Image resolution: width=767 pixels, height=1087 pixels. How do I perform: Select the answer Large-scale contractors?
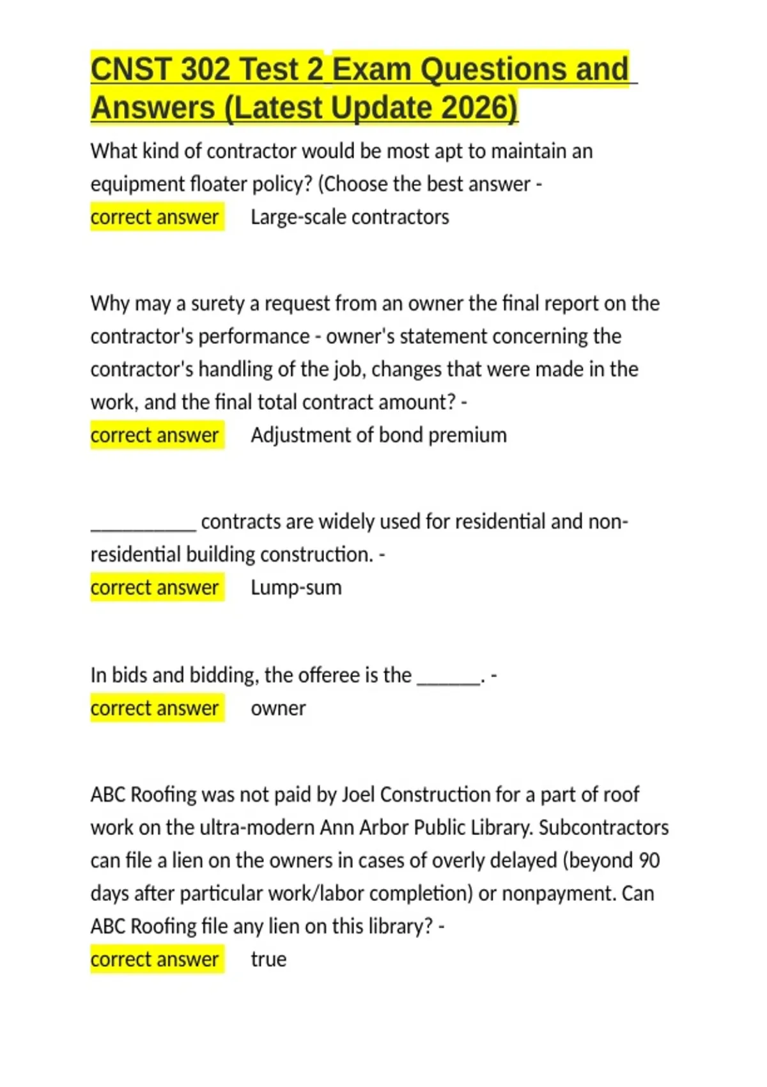tap(350, 217)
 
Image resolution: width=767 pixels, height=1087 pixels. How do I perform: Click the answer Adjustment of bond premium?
tap(378, 435)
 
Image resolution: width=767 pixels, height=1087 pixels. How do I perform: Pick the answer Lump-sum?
tap(296, 588)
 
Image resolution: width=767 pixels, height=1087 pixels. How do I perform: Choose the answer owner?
tap(278, 708)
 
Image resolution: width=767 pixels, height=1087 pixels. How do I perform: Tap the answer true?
tap(268, 960)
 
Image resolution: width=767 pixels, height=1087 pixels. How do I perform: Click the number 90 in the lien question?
tap(649, 861)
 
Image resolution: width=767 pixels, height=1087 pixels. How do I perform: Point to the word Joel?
tap(359, 795)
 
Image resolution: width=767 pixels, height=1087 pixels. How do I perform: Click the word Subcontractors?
tap(603, 827)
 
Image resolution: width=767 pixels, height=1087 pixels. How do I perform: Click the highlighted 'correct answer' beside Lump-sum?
tap(155, 588)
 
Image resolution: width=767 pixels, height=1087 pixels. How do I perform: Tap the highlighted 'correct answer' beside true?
tap(155, 960)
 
